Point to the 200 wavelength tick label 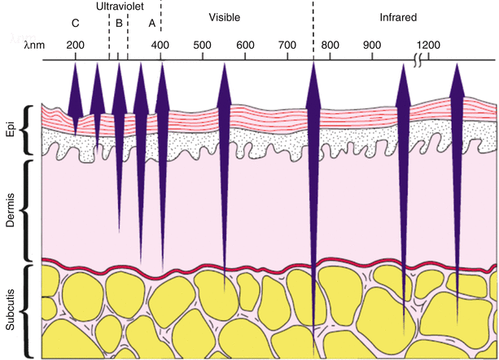point(76,44)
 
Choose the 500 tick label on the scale point(203,44)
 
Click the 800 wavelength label point(330,44)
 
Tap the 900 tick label point(372,44)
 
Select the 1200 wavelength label point(428,44)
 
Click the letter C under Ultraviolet point(76,23)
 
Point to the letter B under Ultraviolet point(119,23)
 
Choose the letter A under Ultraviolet point(151,23)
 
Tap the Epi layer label point(10,130)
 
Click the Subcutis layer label point(10,310)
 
